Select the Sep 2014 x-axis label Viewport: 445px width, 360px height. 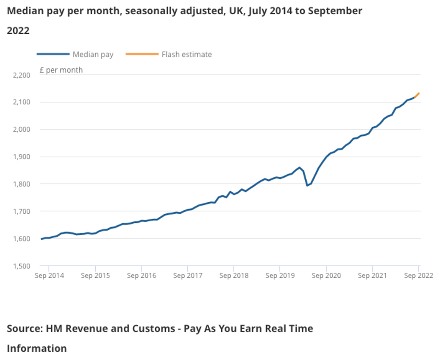[49, 276]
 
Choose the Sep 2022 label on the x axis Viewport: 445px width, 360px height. [418, 276]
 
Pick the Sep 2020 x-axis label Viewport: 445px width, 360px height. [326, 276]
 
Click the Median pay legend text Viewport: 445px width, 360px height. [93, 55]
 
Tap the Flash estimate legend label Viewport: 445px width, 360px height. [187, 55]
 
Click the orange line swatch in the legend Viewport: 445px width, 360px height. [142, 54]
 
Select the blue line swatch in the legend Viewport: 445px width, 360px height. [53, 54]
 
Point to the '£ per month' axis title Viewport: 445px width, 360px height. [61, 70]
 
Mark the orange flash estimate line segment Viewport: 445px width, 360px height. [417, 95]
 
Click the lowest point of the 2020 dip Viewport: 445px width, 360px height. [307, 185]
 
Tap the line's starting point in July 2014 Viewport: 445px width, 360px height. [42, 239]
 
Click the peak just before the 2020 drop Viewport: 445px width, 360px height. [299, 168]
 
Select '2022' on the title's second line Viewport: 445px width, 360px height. [18, 31]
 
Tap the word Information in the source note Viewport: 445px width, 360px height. [36, 348]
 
